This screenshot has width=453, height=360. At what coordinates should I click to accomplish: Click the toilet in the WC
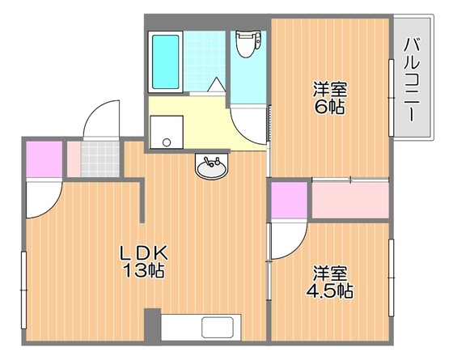coord(248,44)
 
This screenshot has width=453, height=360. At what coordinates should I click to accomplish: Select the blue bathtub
coord(165,61)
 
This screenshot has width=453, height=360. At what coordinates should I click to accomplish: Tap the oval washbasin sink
coord(211,166)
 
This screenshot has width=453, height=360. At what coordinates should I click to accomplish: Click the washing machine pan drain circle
coord(167,142)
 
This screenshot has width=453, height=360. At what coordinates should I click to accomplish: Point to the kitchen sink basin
coord(218,328)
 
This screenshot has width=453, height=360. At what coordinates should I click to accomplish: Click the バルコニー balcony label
coord(411,79)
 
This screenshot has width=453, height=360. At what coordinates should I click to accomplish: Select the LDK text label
coord(144,253)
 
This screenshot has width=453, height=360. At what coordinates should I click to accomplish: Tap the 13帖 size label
coord(144,271)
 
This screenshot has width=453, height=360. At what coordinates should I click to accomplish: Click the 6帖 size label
coord(329,107)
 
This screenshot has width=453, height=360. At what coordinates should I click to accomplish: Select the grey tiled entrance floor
coord(100,159)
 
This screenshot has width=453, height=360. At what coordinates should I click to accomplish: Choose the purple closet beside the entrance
coord(44,159)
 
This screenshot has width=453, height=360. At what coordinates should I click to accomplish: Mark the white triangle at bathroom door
coord(217,85)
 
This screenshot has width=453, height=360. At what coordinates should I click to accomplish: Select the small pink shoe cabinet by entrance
coord(74,159)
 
